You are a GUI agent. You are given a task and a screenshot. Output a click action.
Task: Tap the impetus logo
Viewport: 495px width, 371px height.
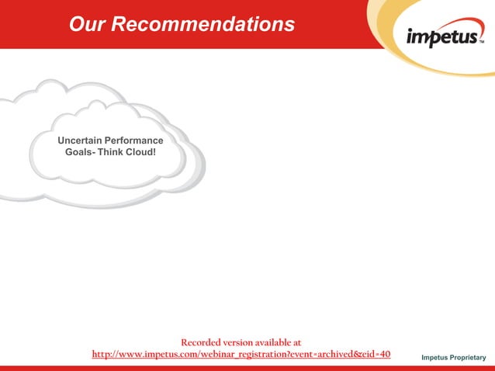click(442, 38)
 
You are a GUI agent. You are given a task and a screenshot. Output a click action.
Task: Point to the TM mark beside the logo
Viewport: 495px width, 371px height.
click(481, 44)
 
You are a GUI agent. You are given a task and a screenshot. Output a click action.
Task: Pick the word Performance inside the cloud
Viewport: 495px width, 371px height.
click(137, 140)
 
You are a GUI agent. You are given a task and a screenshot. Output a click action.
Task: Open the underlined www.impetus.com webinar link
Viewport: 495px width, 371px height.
click(241, 355)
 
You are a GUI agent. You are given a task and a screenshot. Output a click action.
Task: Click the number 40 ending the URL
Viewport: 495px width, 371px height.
click(384, 355)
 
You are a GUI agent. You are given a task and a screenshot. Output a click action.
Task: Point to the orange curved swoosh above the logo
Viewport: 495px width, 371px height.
click(403, 12)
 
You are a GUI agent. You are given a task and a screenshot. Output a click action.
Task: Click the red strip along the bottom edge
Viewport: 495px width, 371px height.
click(247, 368)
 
